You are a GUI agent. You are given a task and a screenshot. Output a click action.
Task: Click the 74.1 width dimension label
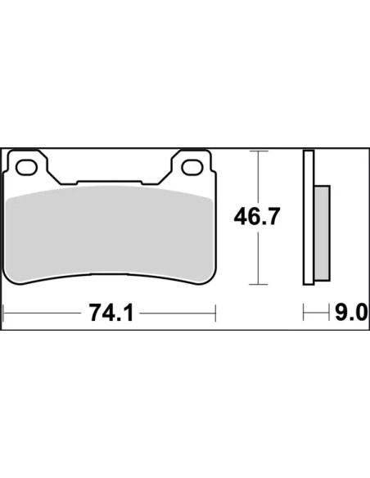click(x=111, y=313)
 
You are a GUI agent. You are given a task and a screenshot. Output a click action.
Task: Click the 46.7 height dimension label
click(x=256, y=217)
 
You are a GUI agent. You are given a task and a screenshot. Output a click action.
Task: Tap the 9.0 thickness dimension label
click(x=351, y=313)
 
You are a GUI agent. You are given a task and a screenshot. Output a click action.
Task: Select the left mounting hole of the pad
click(x=26, y=167)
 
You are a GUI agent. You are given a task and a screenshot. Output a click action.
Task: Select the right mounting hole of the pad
click(x=192, y=167)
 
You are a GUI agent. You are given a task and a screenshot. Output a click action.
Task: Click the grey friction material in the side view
click(x=322, y=233)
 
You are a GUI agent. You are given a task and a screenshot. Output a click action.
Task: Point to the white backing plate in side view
click(x=309, y=218)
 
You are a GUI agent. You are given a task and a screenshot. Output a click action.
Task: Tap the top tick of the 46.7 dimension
click(x=259, y=151)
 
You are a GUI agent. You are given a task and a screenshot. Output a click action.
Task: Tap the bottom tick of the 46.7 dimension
click(x=259, y=284)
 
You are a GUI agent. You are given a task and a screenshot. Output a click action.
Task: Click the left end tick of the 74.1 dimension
click(x=2, y=313)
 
